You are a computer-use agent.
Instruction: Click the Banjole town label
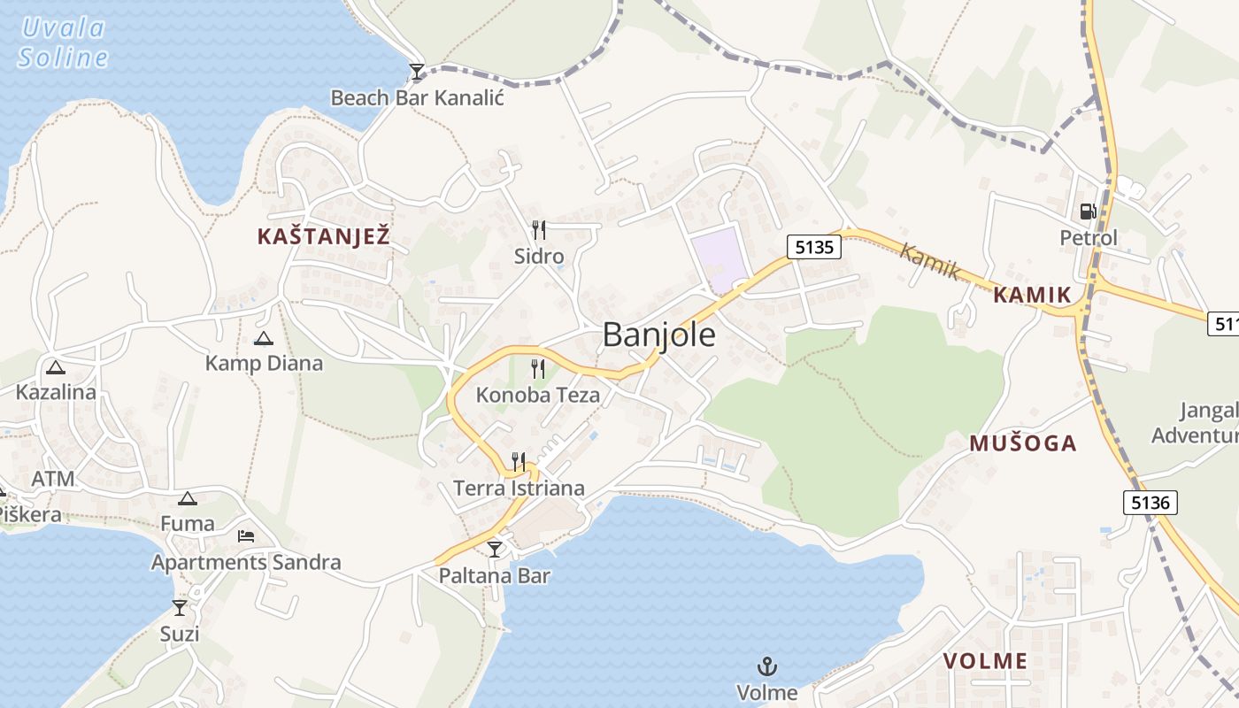click(x=659, y=335)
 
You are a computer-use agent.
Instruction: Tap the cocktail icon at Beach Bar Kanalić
click(x=417, y=72)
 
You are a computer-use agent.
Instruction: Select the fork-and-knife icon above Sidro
click(x=538, y=230)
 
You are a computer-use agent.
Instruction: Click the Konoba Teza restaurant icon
click(x=538, y=368)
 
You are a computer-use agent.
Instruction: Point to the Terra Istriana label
click(x=519, y=488)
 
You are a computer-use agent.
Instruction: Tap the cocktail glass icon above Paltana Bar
click(x=495, y=550)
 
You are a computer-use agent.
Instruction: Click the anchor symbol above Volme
click(x=767, y=666)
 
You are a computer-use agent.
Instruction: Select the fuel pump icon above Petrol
click(x=1088, y=211)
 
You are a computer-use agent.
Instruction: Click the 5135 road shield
click(x=813, y=247)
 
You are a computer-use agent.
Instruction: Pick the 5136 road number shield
click(x=1150, y=503)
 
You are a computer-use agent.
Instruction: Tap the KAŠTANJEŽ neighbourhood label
click(x=323, y=236)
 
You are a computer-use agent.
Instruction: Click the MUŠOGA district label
click(x=1022, y=443)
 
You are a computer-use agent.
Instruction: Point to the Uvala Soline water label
click(x=63, y=42)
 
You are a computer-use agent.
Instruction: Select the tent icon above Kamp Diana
click(x=264, y=338)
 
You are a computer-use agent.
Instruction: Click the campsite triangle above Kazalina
click(x=56, y=367)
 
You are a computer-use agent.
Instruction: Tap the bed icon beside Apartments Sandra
click(x=246, y=536)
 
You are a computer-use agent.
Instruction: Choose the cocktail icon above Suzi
click(x=180, y=607)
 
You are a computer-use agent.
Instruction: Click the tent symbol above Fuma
click(x=187, y=498)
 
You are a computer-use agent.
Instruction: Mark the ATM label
click(x=53, y=479)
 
